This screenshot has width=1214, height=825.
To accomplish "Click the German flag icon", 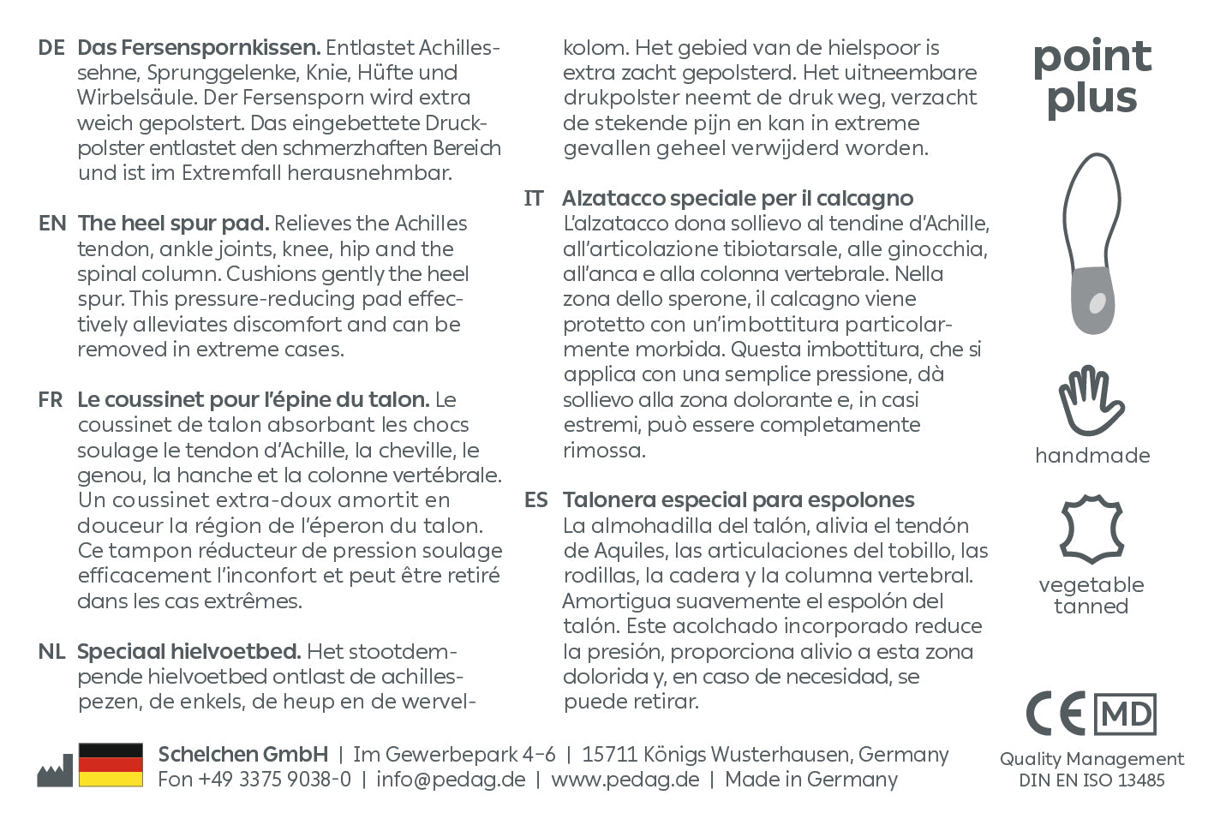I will tap(111, 765).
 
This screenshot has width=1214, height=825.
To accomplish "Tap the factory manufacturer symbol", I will tap(54, 770).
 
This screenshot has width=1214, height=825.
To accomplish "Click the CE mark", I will tap(1056, 714).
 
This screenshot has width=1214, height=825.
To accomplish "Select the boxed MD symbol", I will tap(1126, 714).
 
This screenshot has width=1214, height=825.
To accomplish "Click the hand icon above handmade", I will tap(1091, 400).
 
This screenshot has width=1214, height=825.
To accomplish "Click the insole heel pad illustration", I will tap(1091, 244).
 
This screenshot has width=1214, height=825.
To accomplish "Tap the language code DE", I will tap(51, 48).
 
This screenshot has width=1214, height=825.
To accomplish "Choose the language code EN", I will tap(52, 224).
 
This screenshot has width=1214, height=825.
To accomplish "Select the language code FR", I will tap(51, 400).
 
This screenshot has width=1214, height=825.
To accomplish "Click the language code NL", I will tap(51, 652).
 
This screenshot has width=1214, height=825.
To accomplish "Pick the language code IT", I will tap(534, 199).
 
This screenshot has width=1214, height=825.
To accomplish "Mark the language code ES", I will tap(536, 500).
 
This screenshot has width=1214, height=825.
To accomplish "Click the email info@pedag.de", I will tap(451, 780).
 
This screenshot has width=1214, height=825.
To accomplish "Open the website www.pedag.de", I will tap(625, 780).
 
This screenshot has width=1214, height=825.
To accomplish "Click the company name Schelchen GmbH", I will tap(242, 755).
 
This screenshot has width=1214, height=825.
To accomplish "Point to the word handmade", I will tap(1091, 456).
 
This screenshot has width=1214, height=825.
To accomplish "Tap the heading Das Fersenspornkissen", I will tap(199, 48).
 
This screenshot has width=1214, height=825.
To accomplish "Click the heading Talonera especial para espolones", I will tap(738, 500).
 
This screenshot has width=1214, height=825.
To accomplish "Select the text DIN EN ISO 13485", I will tap(1091, 780).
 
